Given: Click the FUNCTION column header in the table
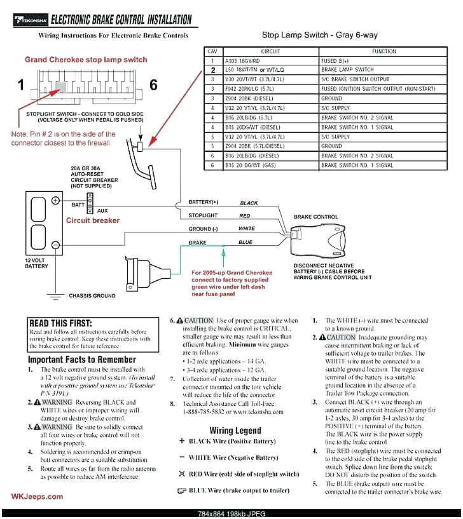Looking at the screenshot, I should [x=385, y=51].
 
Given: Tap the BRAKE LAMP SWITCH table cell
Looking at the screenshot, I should [x=347, y=69].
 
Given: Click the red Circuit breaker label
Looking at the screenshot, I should [x=93, y=220].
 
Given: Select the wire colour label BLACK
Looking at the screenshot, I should [x=249, y=203].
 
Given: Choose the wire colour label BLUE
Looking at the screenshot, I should [x=245, y=242].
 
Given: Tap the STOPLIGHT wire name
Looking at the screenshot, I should [x=202, y=215].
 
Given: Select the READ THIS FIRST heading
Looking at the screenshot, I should [x=60, y=323].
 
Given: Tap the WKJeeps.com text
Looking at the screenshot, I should [x=37, y=497].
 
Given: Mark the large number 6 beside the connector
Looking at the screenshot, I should [x=153, y=85].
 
